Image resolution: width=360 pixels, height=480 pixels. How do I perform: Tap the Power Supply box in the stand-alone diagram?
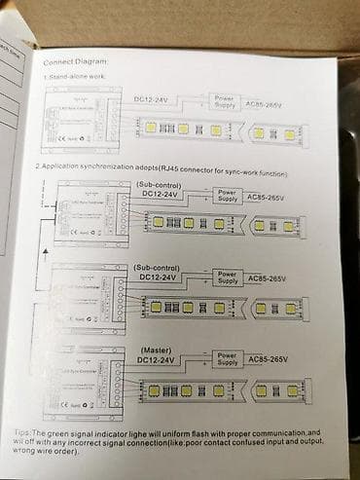[225, 100]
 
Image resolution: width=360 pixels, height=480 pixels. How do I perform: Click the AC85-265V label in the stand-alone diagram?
[271, 102]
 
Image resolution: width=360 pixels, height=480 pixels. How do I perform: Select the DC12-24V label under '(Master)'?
[156, 360]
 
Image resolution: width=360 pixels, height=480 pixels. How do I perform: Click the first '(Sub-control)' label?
[158, 183]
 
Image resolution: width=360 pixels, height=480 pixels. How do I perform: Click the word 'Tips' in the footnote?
[49, 429]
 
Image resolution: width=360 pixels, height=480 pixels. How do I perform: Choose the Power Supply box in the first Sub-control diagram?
[227, 196]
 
